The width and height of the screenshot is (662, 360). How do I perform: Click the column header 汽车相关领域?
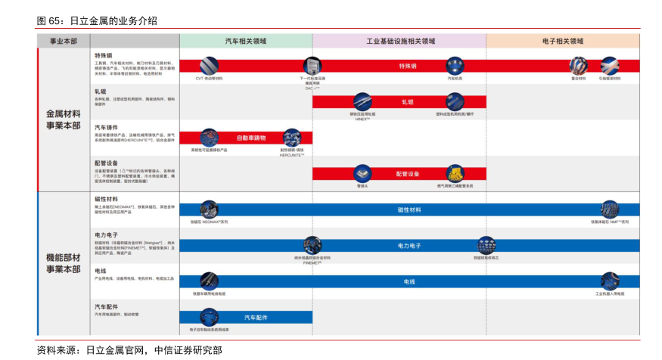coord(246,41)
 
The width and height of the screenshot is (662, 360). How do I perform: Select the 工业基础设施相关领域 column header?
coord(400,41)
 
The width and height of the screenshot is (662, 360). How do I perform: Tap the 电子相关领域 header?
coord(563,41)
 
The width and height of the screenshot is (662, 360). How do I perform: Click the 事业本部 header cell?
coord(63,41)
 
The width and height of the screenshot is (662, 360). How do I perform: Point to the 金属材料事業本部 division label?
coord(63,119)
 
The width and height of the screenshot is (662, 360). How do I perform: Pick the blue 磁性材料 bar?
coord(409,209)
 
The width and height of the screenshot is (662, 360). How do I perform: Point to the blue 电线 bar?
coord(409,281)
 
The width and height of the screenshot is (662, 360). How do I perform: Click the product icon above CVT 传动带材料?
coord(210,65)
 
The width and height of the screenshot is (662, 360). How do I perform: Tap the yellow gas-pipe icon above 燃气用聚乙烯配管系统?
coord(455,173)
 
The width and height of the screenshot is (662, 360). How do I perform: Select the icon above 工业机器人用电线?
coord(610,281)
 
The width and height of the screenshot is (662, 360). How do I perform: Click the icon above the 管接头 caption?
coord(362,173)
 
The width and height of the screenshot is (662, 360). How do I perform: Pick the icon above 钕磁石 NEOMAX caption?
coord(209,209)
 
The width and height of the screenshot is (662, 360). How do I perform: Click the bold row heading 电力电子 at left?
coord(105,234)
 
